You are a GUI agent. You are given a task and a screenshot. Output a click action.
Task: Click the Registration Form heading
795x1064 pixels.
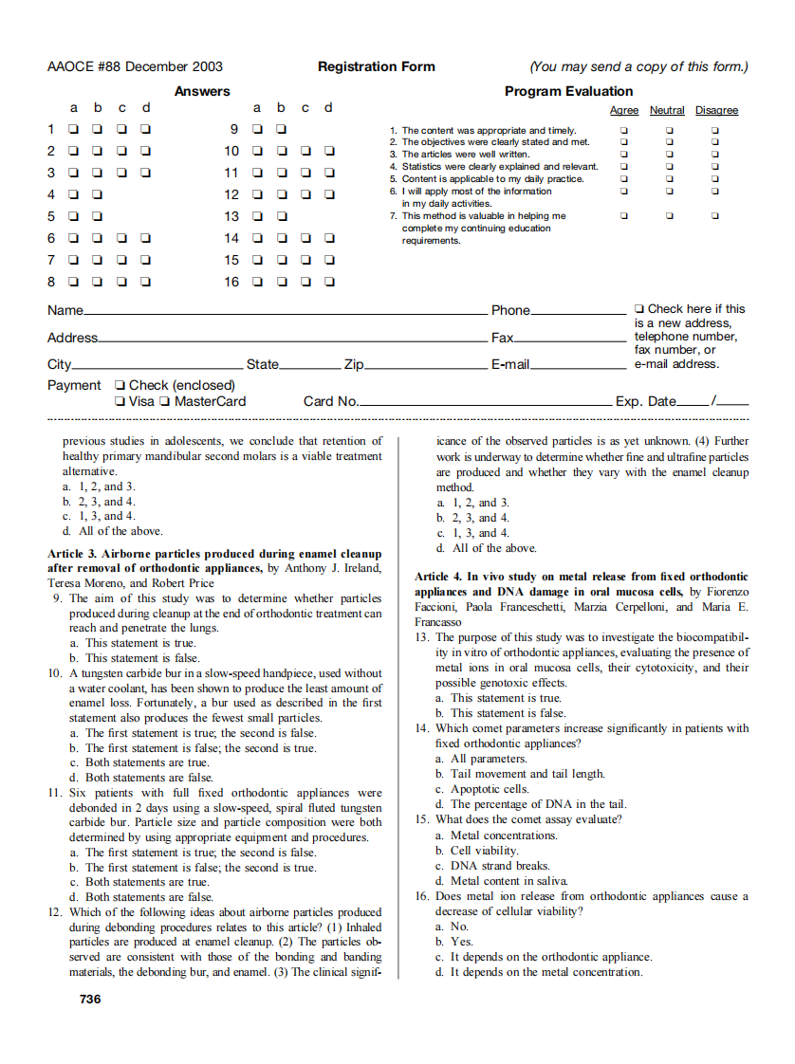377,66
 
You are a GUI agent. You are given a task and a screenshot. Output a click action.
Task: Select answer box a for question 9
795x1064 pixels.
257,129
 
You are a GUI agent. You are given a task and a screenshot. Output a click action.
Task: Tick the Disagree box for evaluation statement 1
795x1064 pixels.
715,130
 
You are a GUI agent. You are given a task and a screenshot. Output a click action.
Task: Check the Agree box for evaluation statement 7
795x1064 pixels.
623,216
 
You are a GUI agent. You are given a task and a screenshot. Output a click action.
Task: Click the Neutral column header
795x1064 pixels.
667,111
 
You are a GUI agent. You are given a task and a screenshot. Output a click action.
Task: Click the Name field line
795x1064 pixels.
285,314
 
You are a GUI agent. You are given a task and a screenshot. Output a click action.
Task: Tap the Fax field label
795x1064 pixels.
502,338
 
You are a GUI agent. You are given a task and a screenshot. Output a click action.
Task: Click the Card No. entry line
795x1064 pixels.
484,405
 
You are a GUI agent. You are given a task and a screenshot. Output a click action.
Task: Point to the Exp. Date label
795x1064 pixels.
646,401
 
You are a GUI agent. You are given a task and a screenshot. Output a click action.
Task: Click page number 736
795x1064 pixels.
90,999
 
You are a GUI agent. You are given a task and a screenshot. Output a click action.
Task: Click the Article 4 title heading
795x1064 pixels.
582,583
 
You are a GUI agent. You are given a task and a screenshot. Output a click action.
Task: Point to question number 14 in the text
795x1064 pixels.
422,728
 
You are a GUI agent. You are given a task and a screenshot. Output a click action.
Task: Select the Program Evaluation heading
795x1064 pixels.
568,91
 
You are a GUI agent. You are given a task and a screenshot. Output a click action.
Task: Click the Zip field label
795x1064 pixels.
354,364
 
